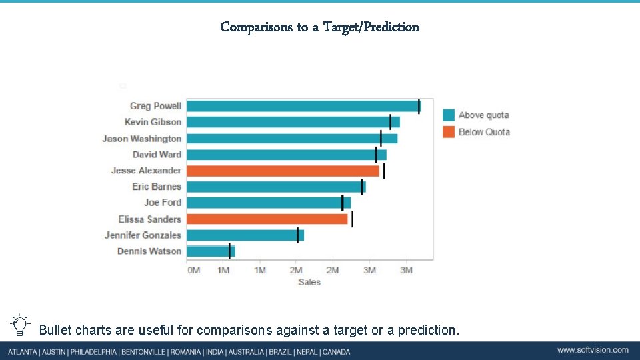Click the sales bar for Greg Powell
point(303,106)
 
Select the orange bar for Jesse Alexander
point(283,171)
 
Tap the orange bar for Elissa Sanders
point(267,219)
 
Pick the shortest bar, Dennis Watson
point(210,251)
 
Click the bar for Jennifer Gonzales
point(245,235)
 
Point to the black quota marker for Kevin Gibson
point(391,122)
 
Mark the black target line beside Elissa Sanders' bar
point(352,219)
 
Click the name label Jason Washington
point(141,139)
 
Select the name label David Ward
point(157,155)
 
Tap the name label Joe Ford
point(163,203)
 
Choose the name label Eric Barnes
point(157,187)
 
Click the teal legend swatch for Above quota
point(449,115)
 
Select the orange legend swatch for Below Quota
point(449,132)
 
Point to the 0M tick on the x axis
point(193,270)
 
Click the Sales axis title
point(309,282)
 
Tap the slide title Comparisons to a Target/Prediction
point(320,27)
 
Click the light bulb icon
point(21,325)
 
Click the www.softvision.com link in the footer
point(593,350)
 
